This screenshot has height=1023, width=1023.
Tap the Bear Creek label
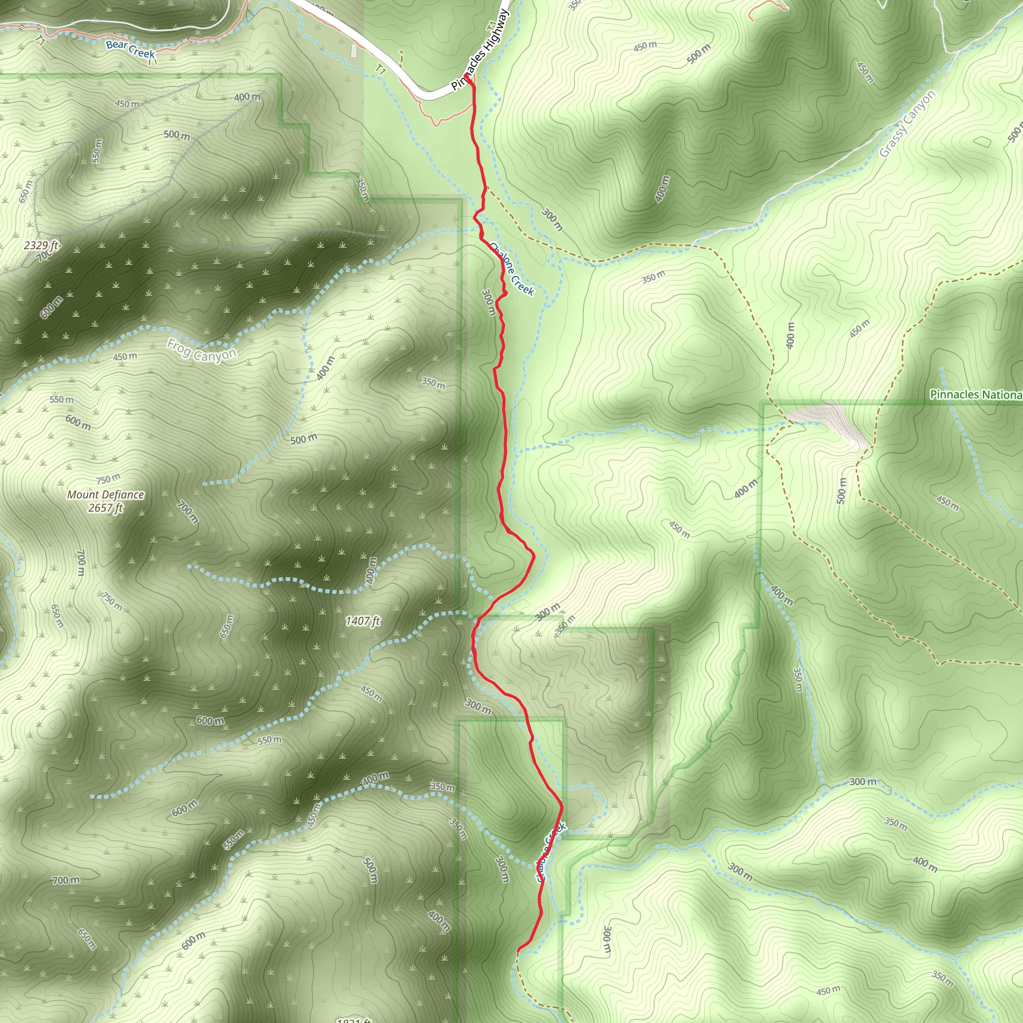point(130,49)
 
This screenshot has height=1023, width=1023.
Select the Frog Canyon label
point(201,351)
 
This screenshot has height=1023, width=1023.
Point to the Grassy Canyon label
point(907,124)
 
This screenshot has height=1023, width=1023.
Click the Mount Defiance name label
point(105,495)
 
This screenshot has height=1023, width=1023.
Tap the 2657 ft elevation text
point(105,509)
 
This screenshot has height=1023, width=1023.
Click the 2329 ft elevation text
point(41,245)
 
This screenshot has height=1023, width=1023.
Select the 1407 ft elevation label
point(363,621)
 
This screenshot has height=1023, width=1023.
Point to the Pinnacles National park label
point(976,395)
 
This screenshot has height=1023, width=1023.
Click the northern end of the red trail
point(469,78)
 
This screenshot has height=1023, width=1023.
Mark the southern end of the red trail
point(518,950)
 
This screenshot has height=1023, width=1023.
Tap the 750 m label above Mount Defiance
point(108,479)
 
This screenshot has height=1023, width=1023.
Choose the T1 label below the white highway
point(380,69)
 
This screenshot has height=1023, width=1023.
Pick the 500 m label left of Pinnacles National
point(841,491)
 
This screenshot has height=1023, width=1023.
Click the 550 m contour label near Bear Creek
point(96,150)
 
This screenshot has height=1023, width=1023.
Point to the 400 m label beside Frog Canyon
point(326,368)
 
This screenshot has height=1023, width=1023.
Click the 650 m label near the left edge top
point(25,192)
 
